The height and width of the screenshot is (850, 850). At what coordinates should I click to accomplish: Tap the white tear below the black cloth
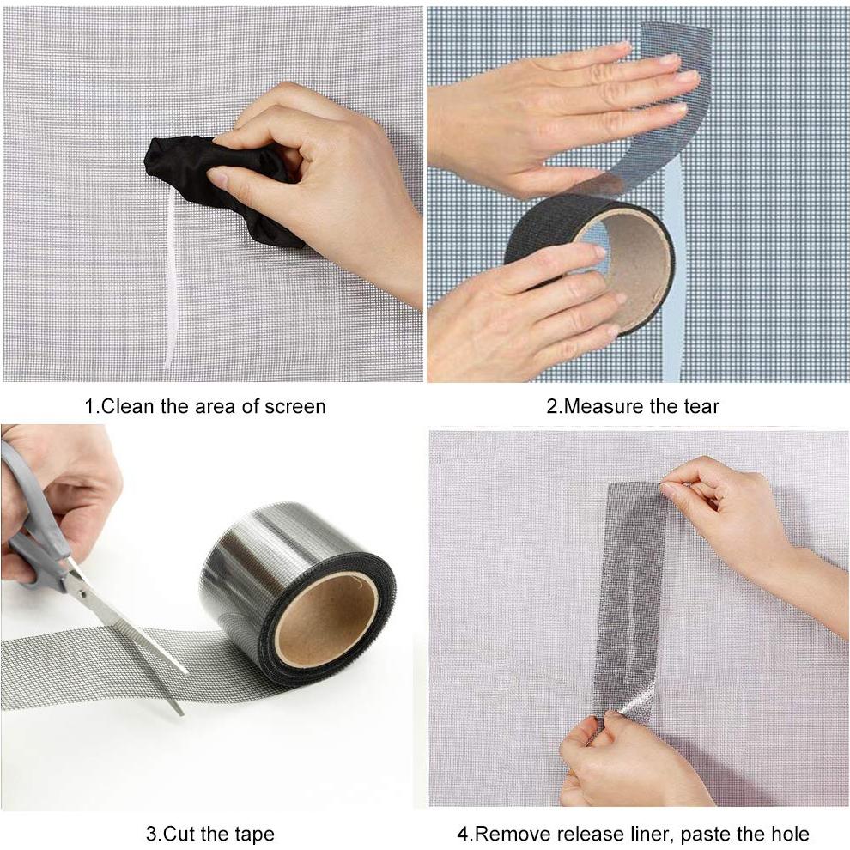point(171,283)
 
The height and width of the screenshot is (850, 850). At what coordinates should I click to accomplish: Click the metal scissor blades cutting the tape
point(129,627)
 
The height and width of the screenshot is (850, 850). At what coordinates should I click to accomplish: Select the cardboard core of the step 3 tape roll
point(326,618)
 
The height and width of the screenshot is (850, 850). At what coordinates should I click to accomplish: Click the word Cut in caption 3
point(177,833)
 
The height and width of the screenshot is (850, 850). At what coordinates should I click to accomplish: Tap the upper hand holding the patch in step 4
point(738,515)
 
